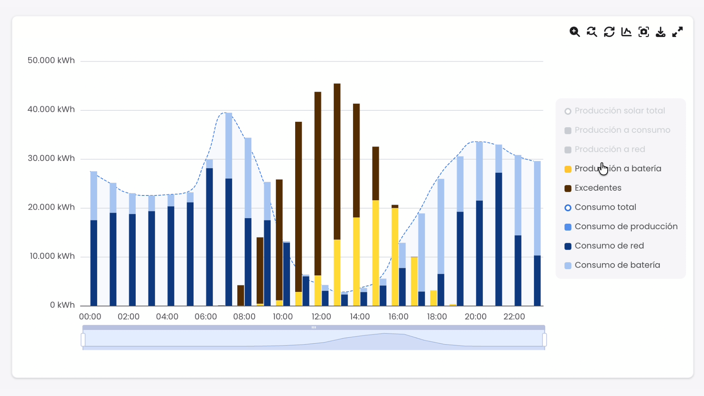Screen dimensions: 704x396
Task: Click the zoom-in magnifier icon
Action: click(575, 32)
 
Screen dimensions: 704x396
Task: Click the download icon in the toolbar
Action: click(660, 32)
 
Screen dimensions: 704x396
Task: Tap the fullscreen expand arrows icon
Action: click(678, 32)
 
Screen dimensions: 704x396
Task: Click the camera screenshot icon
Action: click(643, 32)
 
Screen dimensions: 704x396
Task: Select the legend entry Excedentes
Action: click(598, 188)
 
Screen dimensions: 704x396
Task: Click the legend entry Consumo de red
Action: click(609, 246)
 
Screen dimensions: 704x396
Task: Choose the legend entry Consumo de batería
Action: click(617, 265)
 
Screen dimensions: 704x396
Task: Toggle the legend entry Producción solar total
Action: click(620, 111)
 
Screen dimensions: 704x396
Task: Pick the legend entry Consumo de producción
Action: click(626, 227)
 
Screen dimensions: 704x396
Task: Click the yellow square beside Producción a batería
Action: click(568, 169)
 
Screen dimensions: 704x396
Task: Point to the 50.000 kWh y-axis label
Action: click(51, 60)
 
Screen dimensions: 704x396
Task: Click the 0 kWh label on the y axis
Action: click(62, 305)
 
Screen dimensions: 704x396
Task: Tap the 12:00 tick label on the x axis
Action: click(321, 317)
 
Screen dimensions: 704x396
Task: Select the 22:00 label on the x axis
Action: click(514, 317)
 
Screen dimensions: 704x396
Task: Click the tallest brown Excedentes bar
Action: click(337, 161)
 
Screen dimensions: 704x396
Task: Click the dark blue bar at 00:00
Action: click(94, 263)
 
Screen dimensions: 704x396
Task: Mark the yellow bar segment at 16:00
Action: click(395, 257)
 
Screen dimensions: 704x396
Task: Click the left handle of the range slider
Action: click(83, 340)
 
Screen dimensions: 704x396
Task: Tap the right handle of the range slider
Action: click(544, 340)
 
